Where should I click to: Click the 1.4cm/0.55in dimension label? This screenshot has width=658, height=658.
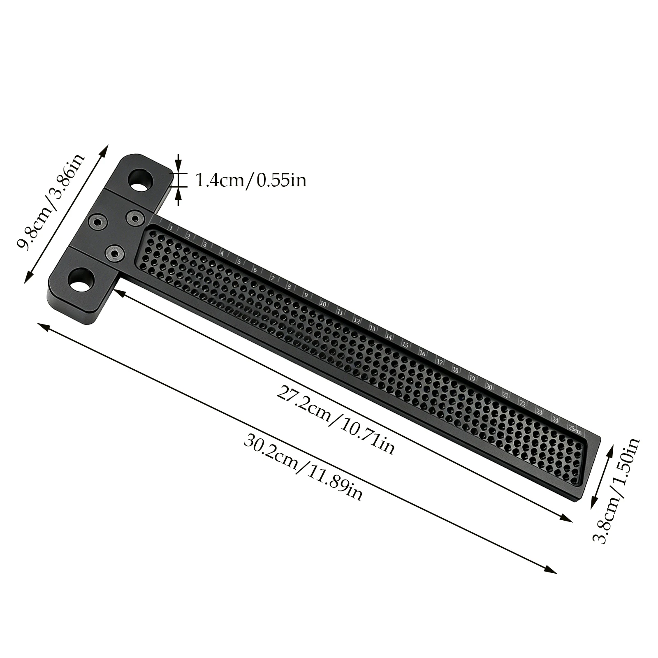[250, 180]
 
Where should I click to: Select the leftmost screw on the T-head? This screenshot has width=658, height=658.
[98, 222]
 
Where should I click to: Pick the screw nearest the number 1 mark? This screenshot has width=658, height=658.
[135, 217]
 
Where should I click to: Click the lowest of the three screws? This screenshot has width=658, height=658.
[115, 253]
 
